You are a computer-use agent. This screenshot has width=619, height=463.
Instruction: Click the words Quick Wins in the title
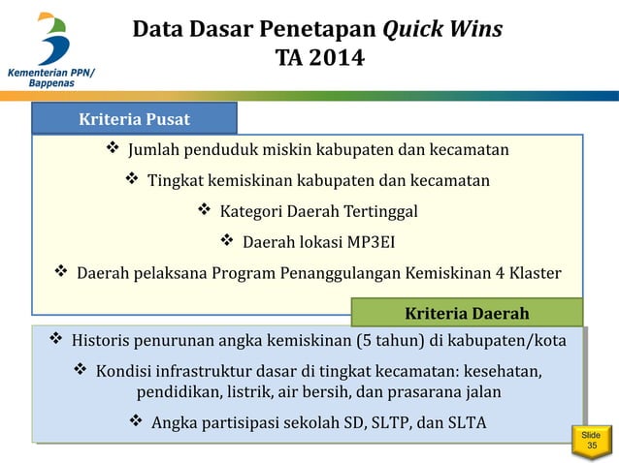point(442,29)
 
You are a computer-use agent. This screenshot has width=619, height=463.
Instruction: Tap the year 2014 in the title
point(335,59)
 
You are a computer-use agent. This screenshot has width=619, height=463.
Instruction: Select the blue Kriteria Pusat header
point(134,119)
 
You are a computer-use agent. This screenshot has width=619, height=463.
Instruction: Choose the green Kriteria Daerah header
point(466,313)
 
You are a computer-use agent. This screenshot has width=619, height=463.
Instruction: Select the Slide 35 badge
point(591,441)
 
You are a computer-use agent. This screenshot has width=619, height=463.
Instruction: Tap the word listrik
point(245,392)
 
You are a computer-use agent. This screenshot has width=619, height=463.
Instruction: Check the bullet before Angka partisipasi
point(136,423)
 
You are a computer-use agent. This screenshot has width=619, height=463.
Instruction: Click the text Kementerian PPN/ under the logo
point(53,72)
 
